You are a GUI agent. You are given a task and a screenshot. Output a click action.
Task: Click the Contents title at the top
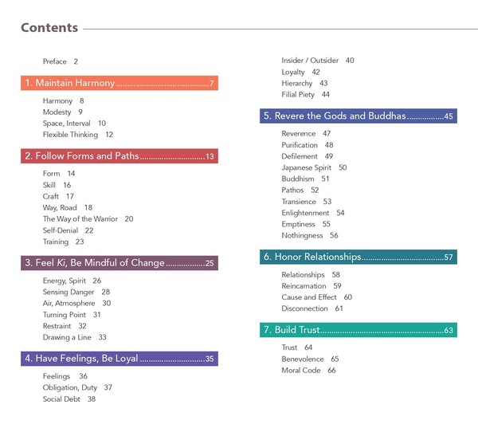pyautogui.click(x=49, y=28)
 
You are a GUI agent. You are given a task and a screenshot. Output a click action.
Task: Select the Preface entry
pyautogui.click(x=61, y=61)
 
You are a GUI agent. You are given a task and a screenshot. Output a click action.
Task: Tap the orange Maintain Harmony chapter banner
pyautogui.click(x=119, y=83)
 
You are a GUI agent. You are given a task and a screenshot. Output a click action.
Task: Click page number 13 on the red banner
pyautogui.click(x=210, y=156)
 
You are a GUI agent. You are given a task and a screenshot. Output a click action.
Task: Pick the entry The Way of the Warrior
pyautogui.click(x=88, y=218)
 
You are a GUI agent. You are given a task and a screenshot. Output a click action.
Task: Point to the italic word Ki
pyautogui.click(x=61, y=263)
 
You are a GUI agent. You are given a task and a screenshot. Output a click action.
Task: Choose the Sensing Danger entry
pyautogui.click(x=76, y=292)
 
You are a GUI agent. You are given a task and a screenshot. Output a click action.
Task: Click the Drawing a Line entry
pyautogui.click(x=74, y=337)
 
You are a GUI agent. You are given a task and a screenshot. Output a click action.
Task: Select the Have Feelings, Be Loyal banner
pyautogui.click(x=119, y=359)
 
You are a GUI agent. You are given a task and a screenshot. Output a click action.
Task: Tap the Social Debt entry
pyautogui.click(x=69, y=399)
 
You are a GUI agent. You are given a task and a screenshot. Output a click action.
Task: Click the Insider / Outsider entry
pyautogui.click(x=318, y=61)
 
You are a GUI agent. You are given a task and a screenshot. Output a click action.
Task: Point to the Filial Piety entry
pyautogui.click(x=305, y=95)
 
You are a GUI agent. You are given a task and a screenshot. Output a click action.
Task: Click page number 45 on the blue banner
pyautogui.click(x=449, y=116)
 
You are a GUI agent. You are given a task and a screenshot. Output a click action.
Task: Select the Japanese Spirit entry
pyautogui.click(x=314, y=167)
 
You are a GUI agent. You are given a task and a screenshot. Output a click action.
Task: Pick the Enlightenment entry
pyautogui.click(x=313, y=213)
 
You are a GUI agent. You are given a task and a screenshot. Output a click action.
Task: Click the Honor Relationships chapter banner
pyautogui.click(x=358, y=257)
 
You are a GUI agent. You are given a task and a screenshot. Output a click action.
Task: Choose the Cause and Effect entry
pyautogui.click(x=317, y=297)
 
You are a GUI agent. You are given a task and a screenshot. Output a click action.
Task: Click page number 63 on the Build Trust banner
pyautogui.click(x=449, y=331)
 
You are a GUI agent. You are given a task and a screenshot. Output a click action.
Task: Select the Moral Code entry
pyautogui.click(x=308, y=370)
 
